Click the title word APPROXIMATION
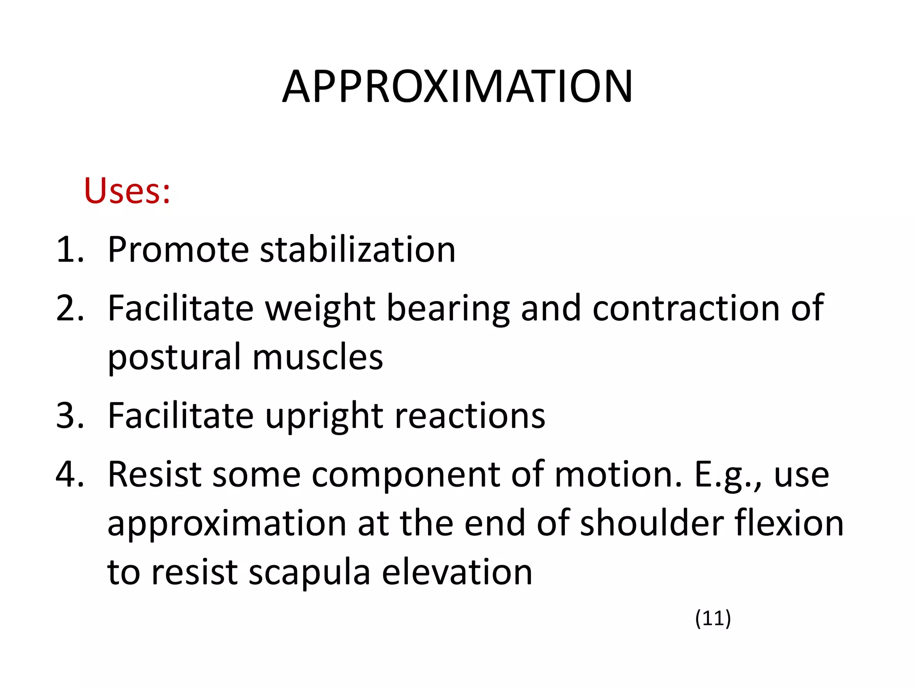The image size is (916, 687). click(x=457, y=87)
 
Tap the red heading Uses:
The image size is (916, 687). click(x=127, y=191)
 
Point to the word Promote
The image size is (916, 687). click(x=178, y=250)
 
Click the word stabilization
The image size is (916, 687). click(x=357, y=250)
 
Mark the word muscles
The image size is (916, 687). click(x=318, y=357)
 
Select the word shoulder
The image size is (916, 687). click(x=651, y=523)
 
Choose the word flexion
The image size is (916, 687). click(x=789, y=523)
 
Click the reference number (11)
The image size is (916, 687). click(x=712, y=618)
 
